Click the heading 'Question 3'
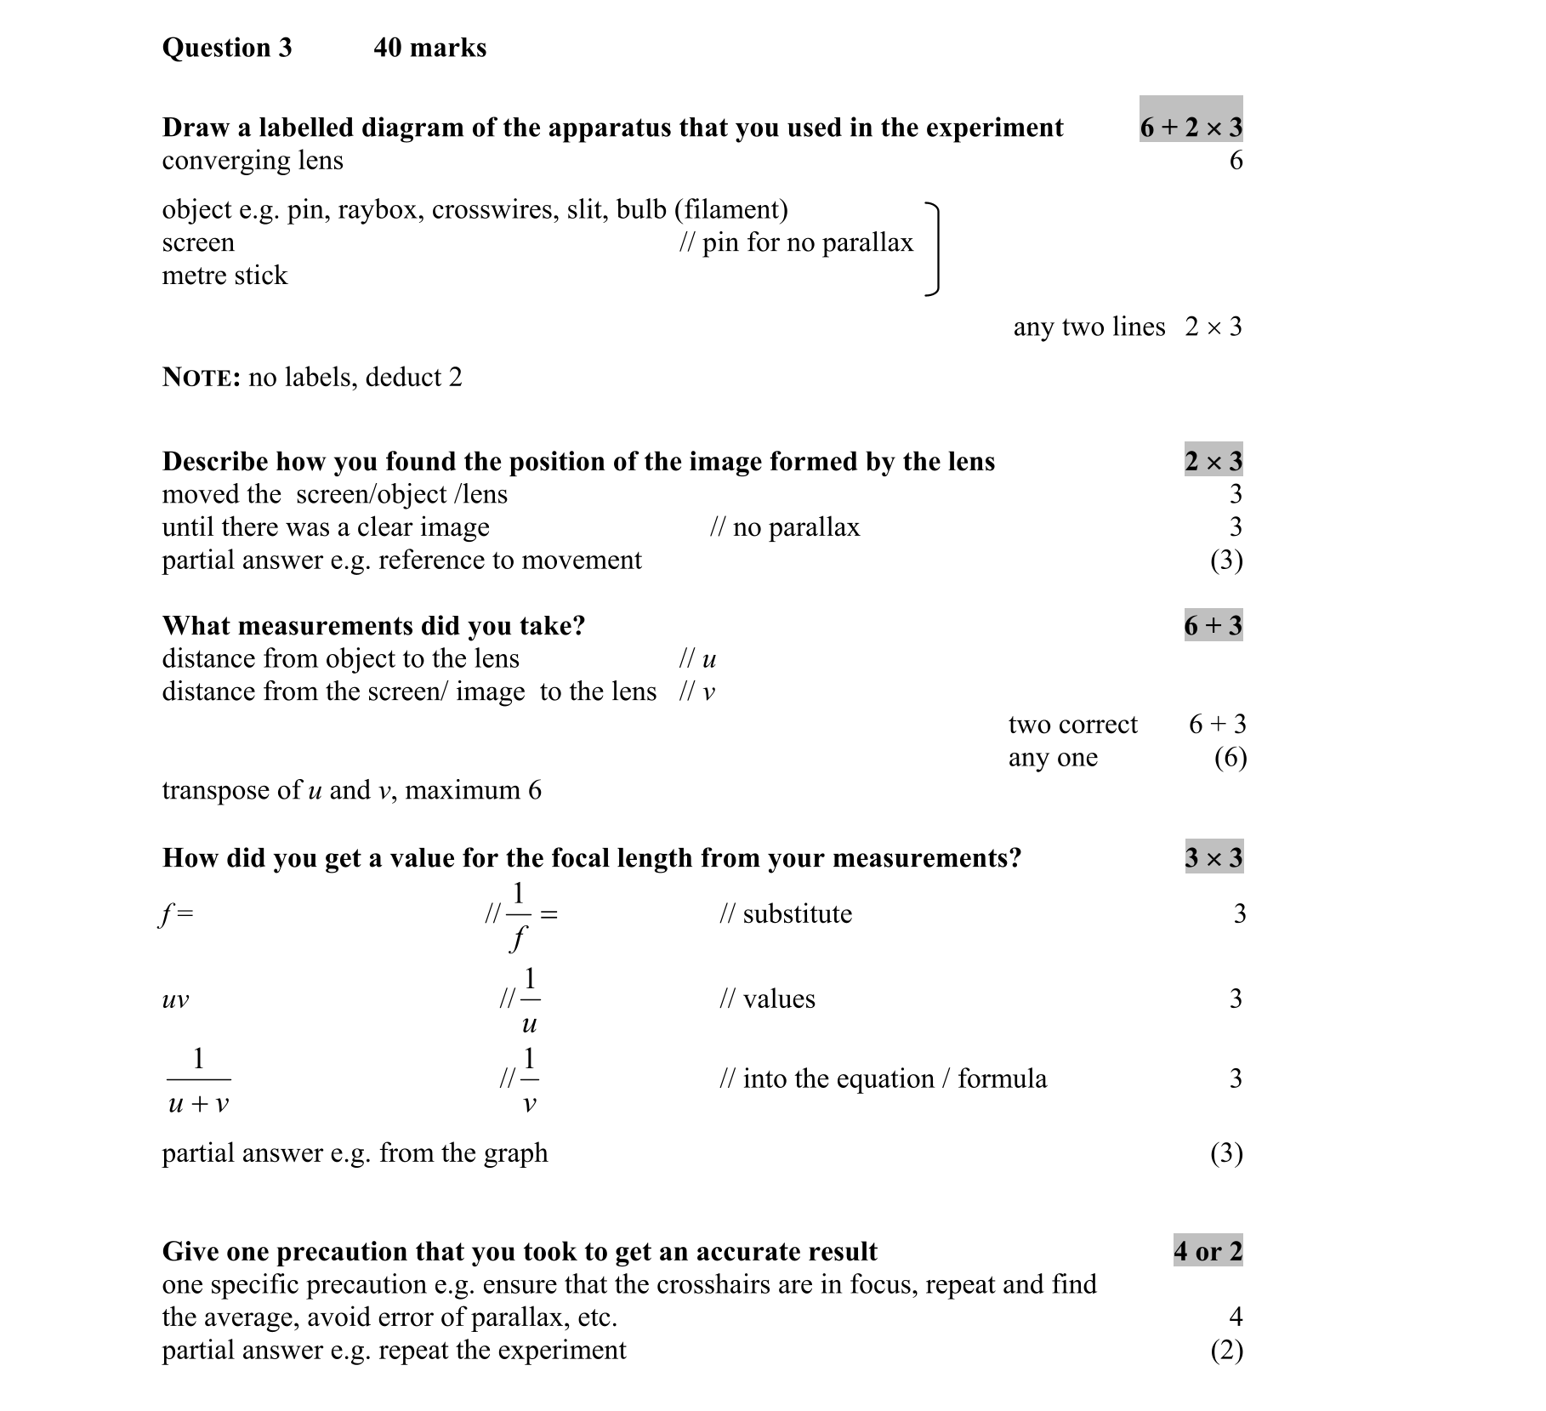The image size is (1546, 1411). click(226, 48)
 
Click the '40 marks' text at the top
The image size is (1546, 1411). click(429, 48)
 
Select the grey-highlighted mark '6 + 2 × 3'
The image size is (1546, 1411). click(1191, 127)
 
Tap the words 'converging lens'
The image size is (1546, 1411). click(253, 161)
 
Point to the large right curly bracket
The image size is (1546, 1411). click(934, 249)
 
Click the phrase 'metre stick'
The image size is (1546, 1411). click(225, 276)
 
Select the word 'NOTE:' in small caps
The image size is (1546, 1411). click(202, 378)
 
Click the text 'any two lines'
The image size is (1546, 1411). click(1088, 327)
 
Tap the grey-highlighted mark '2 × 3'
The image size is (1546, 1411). click(1213, 461)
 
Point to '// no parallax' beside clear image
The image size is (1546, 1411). click(784, 527)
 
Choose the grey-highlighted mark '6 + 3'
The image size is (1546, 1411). click(1213, 626)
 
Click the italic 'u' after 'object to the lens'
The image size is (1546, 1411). click(709, 659)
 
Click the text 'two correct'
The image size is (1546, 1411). click(1072, 725)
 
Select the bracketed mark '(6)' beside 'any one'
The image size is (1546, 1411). click(1230, 758)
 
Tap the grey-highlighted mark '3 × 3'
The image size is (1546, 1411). click(1213, 858)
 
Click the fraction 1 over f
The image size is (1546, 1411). click(518, 916)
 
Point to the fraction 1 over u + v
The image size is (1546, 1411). click(198, 1081)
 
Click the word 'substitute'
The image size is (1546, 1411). click(797, 914)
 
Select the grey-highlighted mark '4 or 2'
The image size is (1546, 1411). click(1208, 1251)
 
